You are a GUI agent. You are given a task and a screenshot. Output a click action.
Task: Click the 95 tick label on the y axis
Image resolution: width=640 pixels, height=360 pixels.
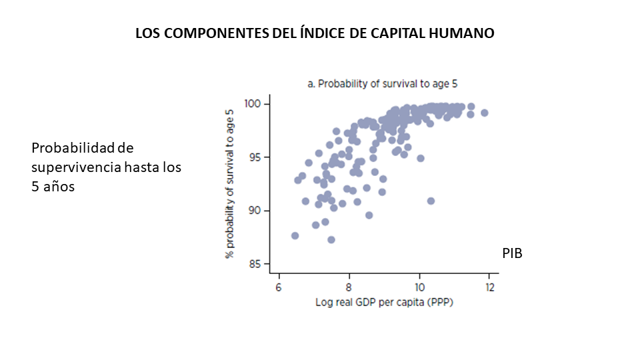[257, 157]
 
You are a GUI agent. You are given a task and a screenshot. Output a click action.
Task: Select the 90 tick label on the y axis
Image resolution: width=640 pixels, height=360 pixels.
[257, 211]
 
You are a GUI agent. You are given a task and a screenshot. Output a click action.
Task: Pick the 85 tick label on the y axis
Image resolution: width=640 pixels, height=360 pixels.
[257, 264]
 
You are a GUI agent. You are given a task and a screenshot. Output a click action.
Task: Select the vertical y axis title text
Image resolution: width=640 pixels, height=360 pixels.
[230, 183]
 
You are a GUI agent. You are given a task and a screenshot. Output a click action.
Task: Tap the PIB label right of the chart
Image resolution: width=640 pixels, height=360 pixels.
[512, 253]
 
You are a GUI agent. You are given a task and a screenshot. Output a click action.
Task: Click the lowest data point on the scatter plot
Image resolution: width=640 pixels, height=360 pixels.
[331, 239]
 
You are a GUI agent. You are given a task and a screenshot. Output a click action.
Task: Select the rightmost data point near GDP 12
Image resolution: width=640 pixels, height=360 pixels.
[485, 113]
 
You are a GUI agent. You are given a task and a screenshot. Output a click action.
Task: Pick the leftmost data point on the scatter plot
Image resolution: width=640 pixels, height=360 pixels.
[295, 235]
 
